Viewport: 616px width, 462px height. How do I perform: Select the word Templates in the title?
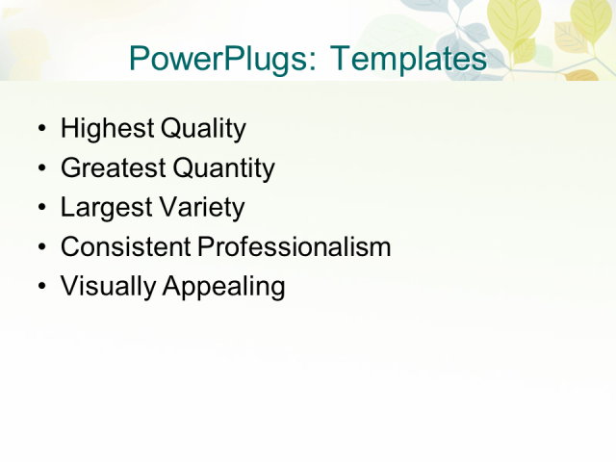[x=408, y=59]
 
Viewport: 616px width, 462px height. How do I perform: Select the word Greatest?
[x=113, y=168]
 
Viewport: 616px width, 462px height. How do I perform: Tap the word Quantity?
[x=223, y=169]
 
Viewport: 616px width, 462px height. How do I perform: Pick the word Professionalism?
[x=295, y=247]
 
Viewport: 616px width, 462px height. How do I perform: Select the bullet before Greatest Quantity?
[x=40, y=169]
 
